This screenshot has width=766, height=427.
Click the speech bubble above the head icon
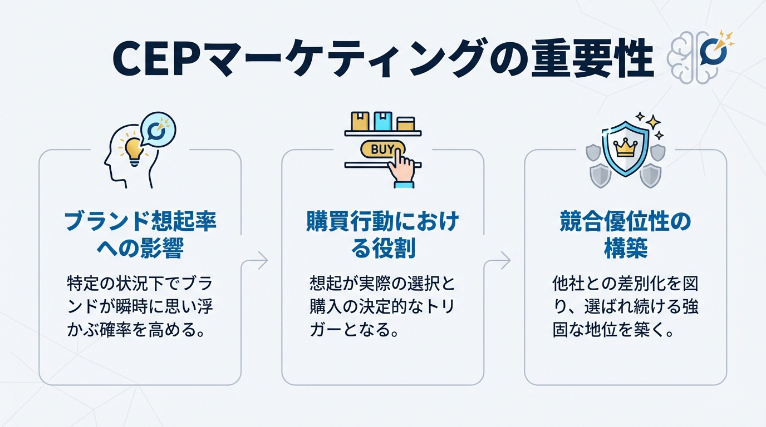click(x=159, y=130)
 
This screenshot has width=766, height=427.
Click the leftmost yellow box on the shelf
click(x=360, y=121)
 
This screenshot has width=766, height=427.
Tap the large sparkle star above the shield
click(x=654, y=121)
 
